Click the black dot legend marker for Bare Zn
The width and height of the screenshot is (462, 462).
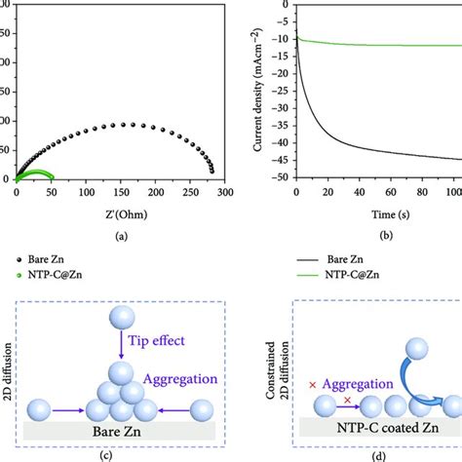(x=19, y=260)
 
